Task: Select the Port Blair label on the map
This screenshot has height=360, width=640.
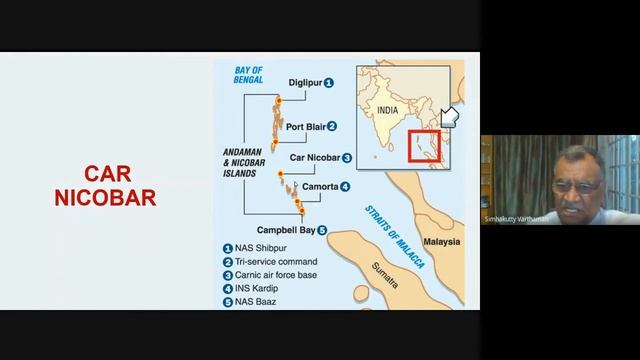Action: [304, 127]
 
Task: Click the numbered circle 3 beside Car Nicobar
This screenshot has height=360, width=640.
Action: [346, 158]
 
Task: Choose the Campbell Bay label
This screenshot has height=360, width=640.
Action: [284, 229]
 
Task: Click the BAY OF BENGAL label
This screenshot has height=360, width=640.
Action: [247, 76]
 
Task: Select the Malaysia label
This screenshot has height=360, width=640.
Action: [440, 241]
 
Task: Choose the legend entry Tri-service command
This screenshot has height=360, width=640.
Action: [276, 261]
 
